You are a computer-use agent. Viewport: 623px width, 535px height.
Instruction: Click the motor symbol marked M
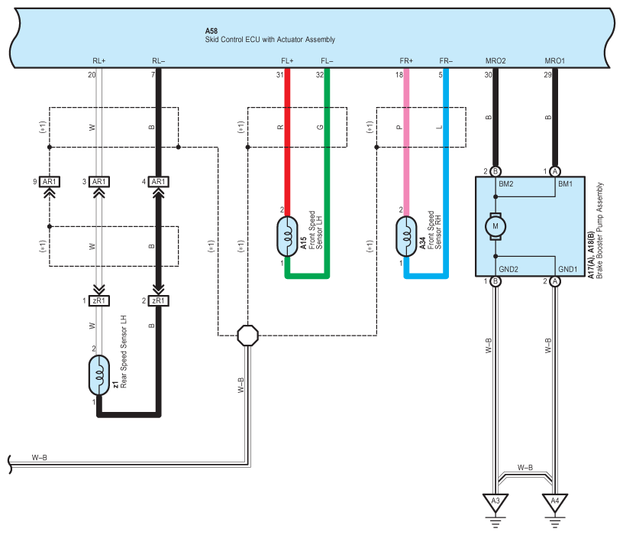495,226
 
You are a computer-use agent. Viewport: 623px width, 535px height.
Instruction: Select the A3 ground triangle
495,501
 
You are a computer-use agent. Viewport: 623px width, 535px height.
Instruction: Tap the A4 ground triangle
555,501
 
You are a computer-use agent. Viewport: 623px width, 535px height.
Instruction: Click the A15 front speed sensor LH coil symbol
287,236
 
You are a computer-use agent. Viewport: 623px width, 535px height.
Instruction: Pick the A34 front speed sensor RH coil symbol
406,236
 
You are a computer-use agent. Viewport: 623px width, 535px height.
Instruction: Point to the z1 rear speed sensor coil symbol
99,375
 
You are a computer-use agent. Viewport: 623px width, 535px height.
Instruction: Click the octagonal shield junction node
247,336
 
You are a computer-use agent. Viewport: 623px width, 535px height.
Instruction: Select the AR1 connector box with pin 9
50,182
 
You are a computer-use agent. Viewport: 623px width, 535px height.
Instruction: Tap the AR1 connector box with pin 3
99,182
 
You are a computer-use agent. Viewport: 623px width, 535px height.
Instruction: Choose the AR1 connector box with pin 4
158,182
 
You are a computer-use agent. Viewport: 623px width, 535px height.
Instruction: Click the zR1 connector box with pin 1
99,300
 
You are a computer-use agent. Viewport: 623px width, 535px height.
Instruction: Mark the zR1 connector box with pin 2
158,300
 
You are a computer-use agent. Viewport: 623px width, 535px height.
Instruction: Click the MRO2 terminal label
495,61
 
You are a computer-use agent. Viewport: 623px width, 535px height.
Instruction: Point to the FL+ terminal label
287,61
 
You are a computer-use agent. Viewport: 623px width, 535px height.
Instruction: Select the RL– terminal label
158,61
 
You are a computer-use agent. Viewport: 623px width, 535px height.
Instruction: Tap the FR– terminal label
446,61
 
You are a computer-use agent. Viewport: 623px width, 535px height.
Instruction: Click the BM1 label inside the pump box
565,183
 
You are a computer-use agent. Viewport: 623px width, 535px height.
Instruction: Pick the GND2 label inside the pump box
508,269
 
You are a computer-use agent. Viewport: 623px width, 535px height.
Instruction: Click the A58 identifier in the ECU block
211,31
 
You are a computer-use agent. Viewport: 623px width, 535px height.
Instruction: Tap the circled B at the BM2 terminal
495,171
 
